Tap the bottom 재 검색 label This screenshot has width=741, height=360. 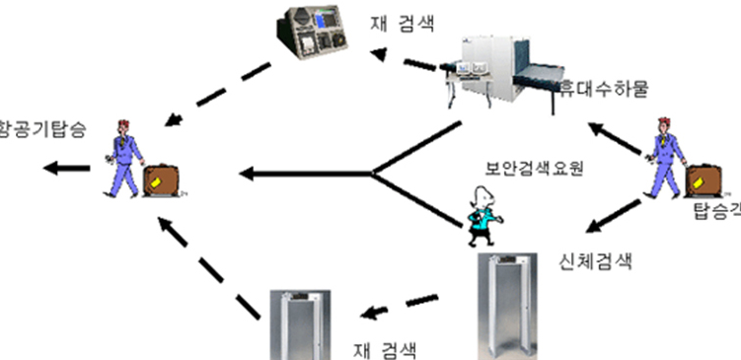385,348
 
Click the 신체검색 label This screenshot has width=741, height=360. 589,261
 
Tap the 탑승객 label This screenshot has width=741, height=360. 715,211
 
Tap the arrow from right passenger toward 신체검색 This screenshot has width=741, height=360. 616,216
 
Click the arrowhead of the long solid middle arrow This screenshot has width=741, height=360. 248,176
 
